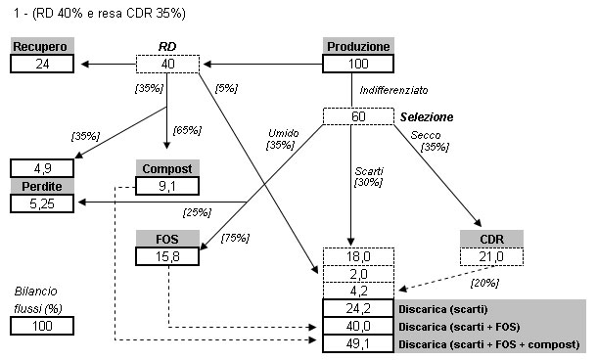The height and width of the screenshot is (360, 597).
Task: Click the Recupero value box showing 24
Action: tap(42, 64)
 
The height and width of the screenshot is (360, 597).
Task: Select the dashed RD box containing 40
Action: tap(167, 64)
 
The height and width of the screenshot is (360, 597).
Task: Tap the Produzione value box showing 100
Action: tap(358, 64)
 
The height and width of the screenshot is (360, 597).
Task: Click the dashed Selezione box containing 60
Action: tap(358, 116)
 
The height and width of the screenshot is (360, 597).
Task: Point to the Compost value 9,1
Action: tap(167, 186)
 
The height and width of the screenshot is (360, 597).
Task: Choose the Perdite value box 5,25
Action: tap(42, 203)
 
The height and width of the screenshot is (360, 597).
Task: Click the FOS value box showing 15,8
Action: tap(167, 256)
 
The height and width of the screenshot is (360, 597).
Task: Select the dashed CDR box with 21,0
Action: tap(491, 257)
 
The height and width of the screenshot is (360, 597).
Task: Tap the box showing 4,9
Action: tap(42, 168)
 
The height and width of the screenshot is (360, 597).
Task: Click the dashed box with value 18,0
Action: tap(358, 257)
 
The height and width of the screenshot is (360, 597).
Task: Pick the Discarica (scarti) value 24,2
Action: tap(358, 308)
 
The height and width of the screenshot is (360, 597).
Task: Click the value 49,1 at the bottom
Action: tap(358, 343)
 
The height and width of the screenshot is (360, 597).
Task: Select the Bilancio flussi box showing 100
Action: tap(42, 326)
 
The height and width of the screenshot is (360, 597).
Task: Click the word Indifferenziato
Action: tap(393, 90)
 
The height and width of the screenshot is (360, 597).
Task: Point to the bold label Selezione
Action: tap(427, 116)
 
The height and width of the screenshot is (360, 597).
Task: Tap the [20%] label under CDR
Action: tap(484, 283)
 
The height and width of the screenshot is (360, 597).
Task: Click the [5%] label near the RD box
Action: tap(226, 88)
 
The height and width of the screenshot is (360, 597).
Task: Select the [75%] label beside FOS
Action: tap(235, 238)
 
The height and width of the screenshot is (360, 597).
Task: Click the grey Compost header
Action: tap(167, 168)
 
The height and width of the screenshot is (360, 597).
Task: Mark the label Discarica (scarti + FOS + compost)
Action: tap(489, 344)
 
